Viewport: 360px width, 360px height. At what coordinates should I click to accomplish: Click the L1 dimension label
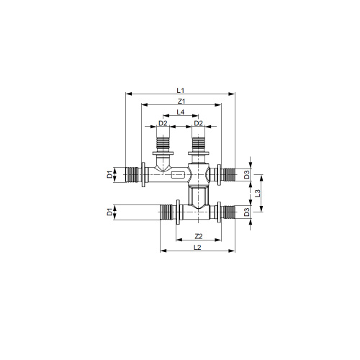pos(180,91)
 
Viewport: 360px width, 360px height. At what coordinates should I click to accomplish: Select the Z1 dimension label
pos(181,102)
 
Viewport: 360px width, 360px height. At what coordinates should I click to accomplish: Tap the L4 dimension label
pos(181,112)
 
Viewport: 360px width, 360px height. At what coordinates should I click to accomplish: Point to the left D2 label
pos(163,123)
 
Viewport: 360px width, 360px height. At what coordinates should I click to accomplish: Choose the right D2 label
pos(198,123)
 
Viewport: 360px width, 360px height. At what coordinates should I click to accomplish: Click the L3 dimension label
pos(258,193)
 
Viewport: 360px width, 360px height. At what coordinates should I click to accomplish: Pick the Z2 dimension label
pos(199,236)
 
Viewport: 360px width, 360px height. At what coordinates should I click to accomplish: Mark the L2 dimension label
pos(197,247)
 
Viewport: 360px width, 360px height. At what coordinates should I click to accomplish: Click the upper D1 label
pos(109,174)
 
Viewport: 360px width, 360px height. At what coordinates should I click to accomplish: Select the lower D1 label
pos(109,212)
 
